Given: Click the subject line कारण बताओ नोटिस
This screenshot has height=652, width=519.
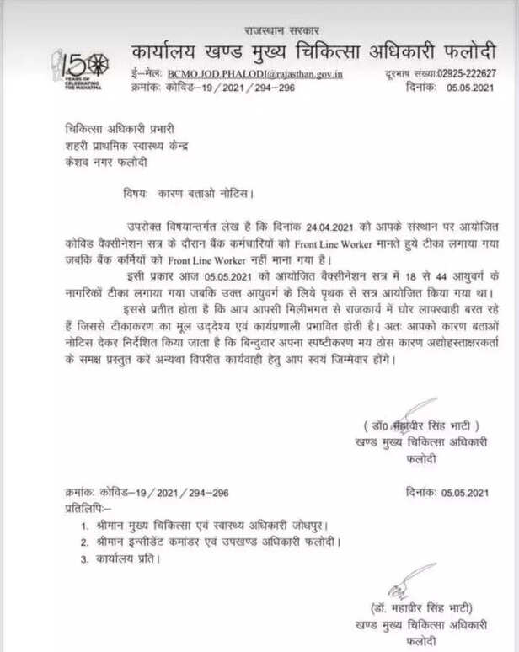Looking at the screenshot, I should pyautogui.click(x=203, y=193).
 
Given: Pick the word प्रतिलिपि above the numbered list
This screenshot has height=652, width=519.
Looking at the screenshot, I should pyautogui.click(x=89, y=507).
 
